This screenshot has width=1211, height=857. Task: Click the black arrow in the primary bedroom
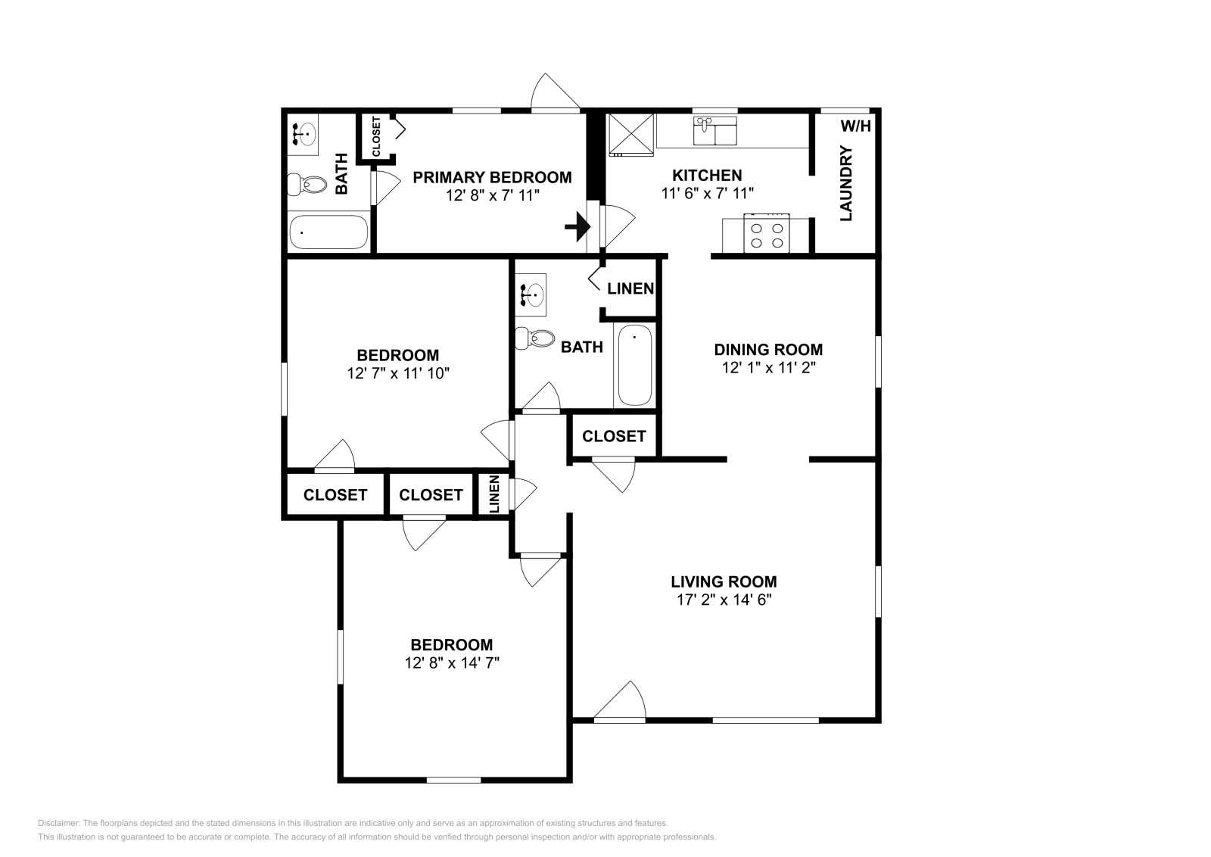point(577,226)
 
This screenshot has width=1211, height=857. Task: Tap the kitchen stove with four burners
point(767,234)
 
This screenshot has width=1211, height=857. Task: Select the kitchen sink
point(714,131)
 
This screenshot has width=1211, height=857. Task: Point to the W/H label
point(856,126)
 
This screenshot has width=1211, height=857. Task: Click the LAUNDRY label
point(846,183)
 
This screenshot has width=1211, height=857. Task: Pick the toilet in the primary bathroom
point(307,185)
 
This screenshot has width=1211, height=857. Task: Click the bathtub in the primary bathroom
point(328,232)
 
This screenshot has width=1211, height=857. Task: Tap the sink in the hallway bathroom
point(531,294)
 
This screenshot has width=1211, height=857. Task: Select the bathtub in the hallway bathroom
point(635,365)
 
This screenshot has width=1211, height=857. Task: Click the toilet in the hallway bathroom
point(534,339)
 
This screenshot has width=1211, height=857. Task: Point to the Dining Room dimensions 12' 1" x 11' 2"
point(769,368)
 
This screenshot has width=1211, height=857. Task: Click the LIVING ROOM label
point(724,581)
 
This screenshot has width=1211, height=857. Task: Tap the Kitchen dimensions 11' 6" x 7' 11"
point(707,193)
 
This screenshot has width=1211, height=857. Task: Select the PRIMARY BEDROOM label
point(492,177)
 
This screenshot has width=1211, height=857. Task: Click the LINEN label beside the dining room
point(630,288)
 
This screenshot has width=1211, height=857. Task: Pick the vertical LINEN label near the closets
point(494,494)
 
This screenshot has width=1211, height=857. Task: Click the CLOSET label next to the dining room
point(614,436)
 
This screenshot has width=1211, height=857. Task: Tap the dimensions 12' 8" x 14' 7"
point(452,663)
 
